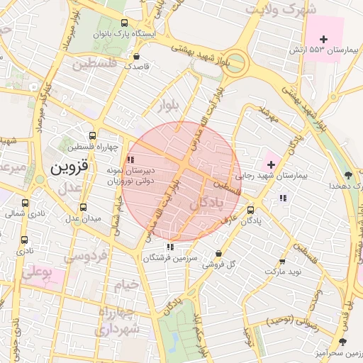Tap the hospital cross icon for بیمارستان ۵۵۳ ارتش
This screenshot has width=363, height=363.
pyautogui.click(x=324, y=39)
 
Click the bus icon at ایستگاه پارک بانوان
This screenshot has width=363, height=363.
pyautogui.click(x=125, y=22)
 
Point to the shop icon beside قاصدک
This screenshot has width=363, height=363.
pyautogui.click(x=136, y=55)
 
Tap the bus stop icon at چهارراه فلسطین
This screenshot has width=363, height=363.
pyautogui.click(x=92, y=135)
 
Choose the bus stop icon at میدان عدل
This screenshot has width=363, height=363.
pyautogui.click(x=84, y=207)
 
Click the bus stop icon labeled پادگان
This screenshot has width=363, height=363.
pyautogui.click(x=250, y=210)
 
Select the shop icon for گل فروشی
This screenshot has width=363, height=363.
pyautogui.click(x=218, y=254)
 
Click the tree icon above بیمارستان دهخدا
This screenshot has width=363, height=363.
pyautogui.click(x=347, y=174)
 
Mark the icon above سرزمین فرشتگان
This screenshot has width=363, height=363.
pyautogui.click(x=169, y=247)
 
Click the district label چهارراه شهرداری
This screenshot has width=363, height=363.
pyautogui.click(x=118, y=321)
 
